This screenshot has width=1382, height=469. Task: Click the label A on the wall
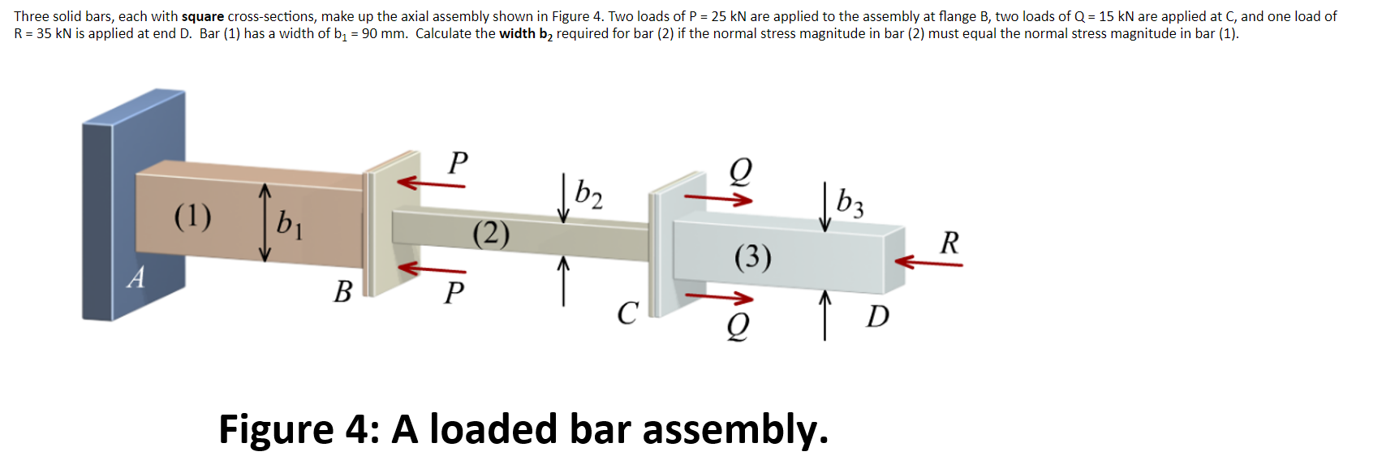(x=136, y=278)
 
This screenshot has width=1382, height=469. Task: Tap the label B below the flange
(x=343, y=291)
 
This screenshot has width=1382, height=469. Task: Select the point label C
(x=627, y=312)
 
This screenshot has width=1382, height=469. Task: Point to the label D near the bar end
(x=877, y=316)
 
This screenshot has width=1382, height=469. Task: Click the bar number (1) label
(x=193, y=217)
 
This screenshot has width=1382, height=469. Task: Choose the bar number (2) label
(x=492, y=234)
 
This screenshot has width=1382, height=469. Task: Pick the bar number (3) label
(x=753, y=257)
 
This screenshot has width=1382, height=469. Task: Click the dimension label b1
(x=289, y=223)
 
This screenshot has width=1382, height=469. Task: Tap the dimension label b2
(x=588, y=194)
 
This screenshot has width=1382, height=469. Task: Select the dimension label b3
(x=850, y=203)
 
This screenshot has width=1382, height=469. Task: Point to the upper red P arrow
(x=431, y=183)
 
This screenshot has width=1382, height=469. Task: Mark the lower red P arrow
(x=431, y=268)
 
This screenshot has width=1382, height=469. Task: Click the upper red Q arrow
(x=718, y=197)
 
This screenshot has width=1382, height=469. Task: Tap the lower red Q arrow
(x=718, y=297)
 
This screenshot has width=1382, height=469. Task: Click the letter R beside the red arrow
(x=949, y=243)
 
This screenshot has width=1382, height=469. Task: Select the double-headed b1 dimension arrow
(x=265, y=222)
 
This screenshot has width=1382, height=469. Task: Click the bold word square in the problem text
(x=203, y=16)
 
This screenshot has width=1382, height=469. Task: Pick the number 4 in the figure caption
(x=357, y=429)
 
